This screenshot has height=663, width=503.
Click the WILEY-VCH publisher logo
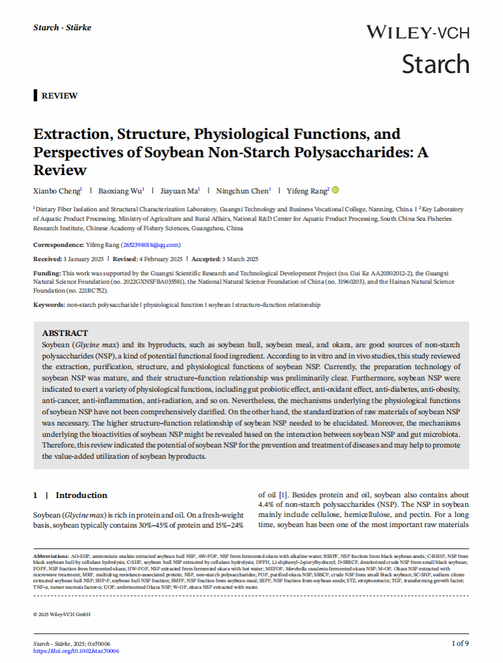click(418, 33)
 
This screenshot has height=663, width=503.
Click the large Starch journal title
click(435, 64)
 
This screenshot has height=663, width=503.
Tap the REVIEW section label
click(59, 96)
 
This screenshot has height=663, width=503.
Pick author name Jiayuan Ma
click(180, 191)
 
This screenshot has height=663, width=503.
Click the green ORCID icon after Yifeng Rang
click(335, 190)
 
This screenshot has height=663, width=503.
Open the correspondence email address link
click(151, 245)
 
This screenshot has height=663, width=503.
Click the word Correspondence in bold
click(58, 245)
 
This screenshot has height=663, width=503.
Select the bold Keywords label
click(49, 304)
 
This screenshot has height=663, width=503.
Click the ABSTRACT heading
click(65, 333)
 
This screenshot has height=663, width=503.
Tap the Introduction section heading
click(81, 495)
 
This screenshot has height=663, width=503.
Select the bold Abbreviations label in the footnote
click(50, 556)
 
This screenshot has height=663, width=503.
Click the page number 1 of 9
click(460, 643)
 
